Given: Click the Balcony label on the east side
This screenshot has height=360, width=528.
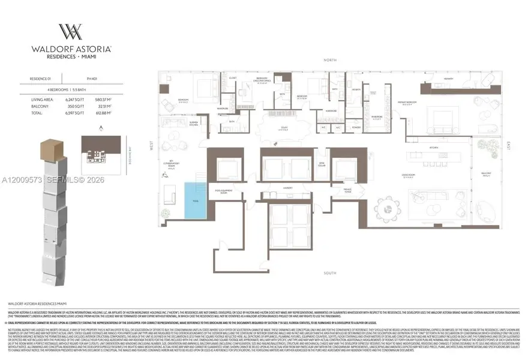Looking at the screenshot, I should coord(487,174).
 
